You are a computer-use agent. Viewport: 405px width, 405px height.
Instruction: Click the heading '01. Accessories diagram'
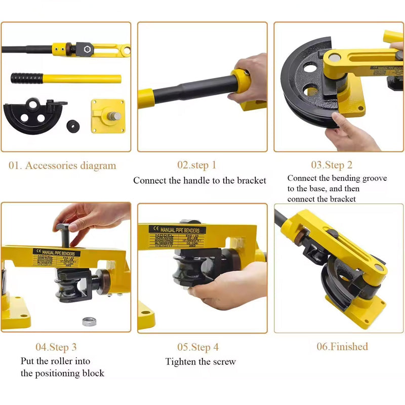tap(62, 166)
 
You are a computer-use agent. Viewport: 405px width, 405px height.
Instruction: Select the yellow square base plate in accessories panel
tap(107, 116)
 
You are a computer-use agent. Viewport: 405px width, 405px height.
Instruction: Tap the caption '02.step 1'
tap(196, 165)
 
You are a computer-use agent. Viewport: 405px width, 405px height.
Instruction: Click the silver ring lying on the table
tap(90, 321)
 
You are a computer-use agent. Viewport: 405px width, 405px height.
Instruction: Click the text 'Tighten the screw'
tap(200, 361)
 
